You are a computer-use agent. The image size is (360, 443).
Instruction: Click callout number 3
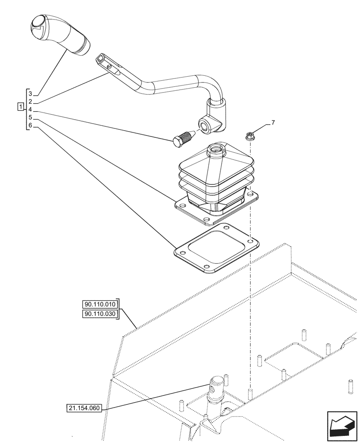[30, 93]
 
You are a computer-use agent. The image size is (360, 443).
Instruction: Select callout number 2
[30, 101]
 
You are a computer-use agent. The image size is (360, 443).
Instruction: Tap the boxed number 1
[20, 106]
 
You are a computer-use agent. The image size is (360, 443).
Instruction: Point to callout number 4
[30, 109]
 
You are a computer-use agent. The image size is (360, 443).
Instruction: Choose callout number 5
[30, 117]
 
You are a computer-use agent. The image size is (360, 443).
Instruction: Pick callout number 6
[30, 125]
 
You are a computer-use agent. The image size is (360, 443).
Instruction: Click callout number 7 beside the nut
[273, 123]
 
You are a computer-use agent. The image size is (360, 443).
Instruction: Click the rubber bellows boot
[217, 182]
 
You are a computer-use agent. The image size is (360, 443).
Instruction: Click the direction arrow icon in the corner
[341, 426]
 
